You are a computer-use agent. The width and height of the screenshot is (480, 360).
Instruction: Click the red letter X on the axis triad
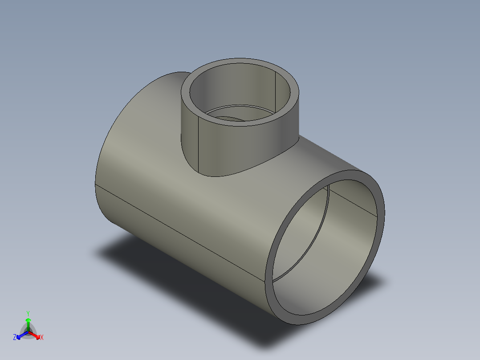[x=42, y=338]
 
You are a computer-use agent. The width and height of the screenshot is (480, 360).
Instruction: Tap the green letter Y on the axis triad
[x=28, y=313]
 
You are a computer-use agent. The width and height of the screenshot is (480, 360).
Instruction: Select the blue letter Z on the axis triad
[x=15, y=338]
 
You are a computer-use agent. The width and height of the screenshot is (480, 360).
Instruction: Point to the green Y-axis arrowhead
[x=28, y=320]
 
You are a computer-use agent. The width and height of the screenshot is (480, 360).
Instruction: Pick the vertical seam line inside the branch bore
[x=277, y=89]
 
